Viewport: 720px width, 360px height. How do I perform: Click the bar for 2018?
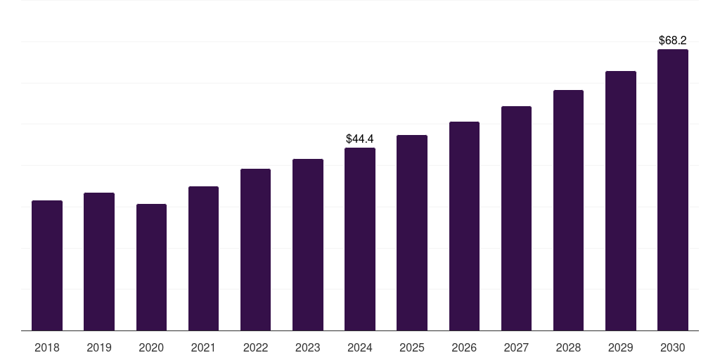coord(47,266)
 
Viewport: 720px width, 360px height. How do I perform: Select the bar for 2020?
coord(151,267)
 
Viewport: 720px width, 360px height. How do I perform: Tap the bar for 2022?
coord(255,250)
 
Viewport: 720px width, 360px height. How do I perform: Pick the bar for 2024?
coord(360,239)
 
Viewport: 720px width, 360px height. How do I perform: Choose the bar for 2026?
coord(464,226)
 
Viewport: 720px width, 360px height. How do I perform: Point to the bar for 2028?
coord(568,210)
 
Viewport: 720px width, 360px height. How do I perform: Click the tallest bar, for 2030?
coord(672,190)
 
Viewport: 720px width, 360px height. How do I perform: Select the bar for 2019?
coord(99,262)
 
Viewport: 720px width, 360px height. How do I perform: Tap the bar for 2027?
coord(516,219)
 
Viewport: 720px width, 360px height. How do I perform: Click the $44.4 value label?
coord(360,139)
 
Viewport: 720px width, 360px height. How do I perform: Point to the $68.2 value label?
coord(672,41)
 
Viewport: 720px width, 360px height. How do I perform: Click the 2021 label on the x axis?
coord(203,347)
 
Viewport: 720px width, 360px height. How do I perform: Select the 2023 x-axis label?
coord(308,347)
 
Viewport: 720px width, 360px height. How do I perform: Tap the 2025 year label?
coord(412,347)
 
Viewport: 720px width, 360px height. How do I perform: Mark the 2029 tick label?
coord(620,347)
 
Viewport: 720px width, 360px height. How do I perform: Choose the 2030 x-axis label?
coord(672,347)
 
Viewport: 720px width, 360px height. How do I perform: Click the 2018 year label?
coord(47,347)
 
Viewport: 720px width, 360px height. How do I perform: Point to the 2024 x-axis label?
coord(360,347)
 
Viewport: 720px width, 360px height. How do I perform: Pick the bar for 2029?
coord(620,201)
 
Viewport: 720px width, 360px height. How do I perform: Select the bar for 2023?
coord(308,245)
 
